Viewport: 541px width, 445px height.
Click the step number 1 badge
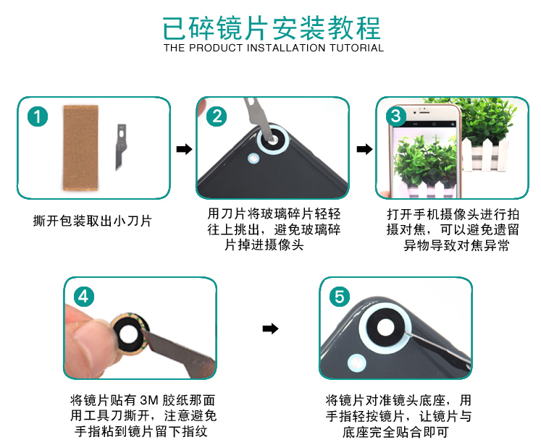tap(37, 116)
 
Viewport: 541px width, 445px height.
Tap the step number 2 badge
tap(217, 116)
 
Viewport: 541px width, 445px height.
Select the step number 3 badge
tap(395, 116)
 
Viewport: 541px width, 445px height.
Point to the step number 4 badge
tap(84, 297)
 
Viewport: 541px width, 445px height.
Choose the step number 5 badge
tap(340, 297)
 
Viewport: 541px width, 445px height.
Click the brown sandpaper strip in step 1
tap(80, 148)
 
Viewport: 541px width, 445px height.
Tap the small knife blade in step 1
tap(120, 147)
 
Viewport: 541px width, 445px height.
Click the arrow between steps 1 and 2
tap(184, 149)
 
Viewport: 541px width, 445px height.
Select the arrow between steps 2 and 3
tap(364, 149)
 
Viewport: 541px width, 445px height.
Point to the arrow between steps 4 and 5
tap(270, 329)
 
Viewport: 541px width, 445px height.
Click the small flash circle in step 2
tap(253, 158)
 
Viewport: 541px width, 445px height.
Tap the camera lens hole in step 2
tap(272, 140)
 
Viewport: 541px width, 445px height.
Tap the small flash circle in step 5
tap(357, 363)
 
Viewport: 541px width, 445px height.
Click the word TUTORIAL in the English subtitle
tap(356, 48)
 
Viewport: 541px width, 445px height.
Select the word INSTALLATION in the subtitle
tap(286, 48)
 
